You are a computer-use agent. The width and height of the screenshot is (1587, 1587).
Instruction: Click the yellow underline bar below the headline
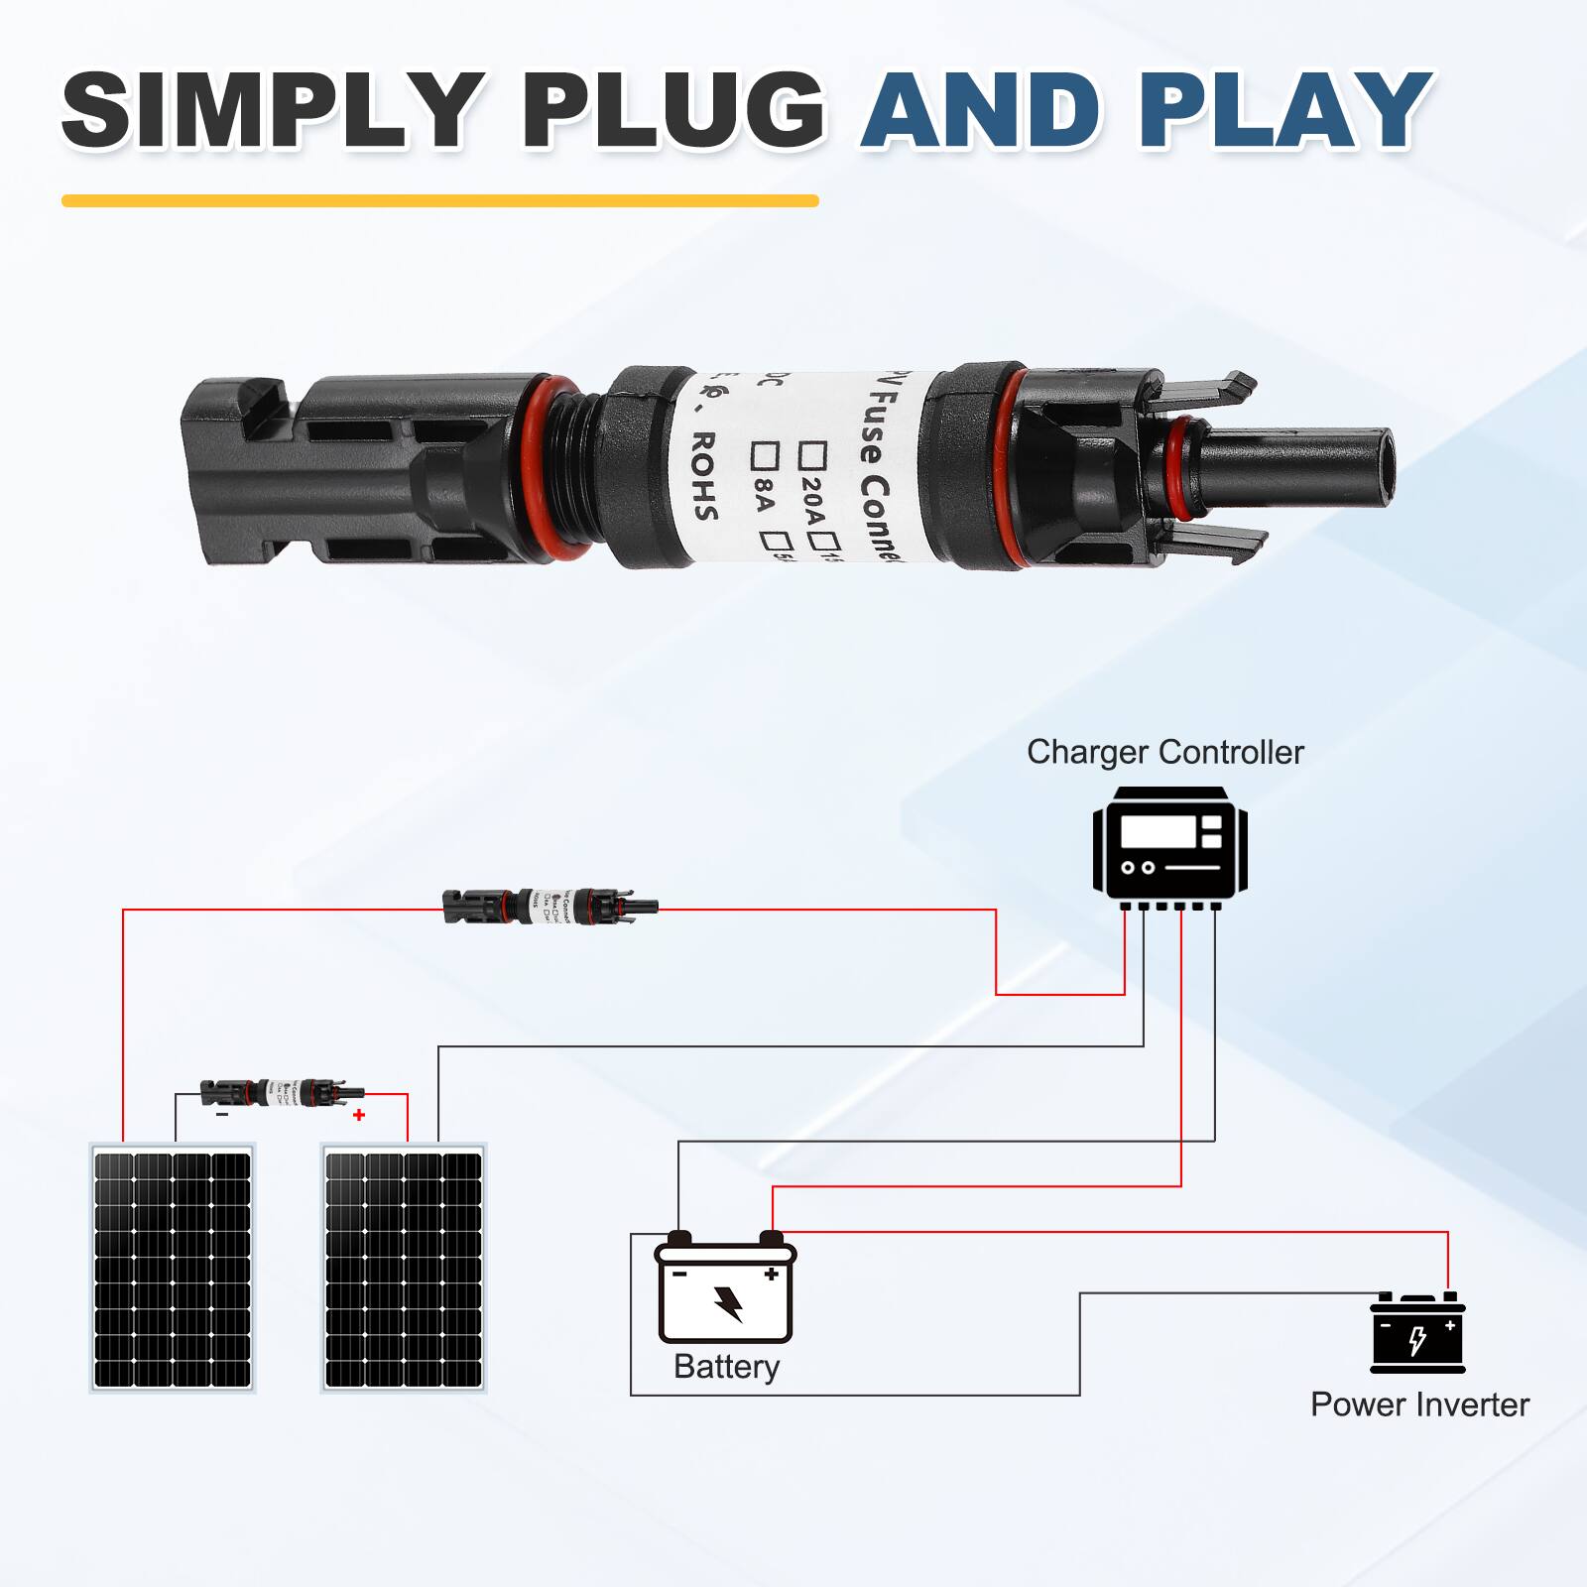(439, 200)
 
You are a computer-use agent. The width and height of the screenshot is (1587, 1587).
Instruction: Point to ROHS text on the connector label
(703, 475)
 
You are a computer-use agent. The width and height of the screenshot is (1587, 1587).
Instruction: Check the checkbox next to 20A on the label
(814, 455)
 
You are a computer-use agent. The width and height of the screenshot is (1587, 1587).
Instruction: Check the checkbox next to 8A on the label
(765, 454)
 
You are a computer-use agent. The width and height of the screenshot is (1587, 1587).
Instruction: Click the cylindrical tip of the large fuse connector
(1299, 466)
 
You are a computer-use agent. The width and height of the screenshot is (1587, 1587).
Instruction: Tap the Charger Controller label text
(1164, 752)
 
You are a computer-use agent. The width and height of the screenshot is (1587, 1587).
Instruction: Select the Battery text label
(726, 1367)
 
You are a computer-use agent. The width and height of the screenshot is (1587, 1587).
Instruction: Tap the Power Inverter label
(1419, 1404)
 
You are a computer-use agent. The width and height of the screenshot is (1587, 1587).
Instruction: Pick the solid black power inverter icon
(1417, 1333)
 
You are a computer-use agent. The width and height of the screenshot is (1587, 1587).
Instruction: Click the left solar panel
(173, 1269)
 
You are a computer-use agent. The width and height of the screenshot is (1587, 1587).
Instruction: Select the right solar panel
(404, 1269)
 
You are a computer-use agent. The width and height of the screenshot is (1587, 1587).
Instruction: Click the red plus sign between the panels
(359, 1115)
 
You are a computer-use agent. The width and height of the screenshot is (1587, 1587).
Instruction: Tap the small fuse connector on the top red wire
(549, 906)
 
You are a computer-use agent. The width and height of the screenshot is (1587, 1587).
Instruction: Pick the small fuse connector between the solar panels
(282, 1093)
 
